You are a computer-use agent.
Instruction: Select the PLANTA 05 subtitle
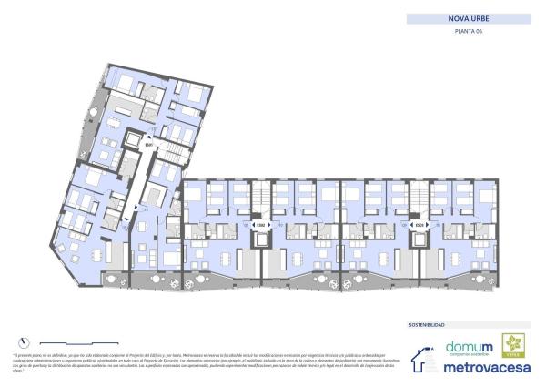(x=467, y=33)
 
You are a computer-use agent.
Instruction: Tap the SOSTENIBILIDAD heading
(x=432, y=324)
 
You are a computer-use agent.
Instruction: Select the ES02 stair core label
(x=260, y=225)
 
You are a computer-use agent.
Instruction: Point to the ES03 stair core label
(x=420, y=225)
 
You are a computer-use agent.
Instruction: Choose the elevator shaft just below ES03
(x=420, y=240)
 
